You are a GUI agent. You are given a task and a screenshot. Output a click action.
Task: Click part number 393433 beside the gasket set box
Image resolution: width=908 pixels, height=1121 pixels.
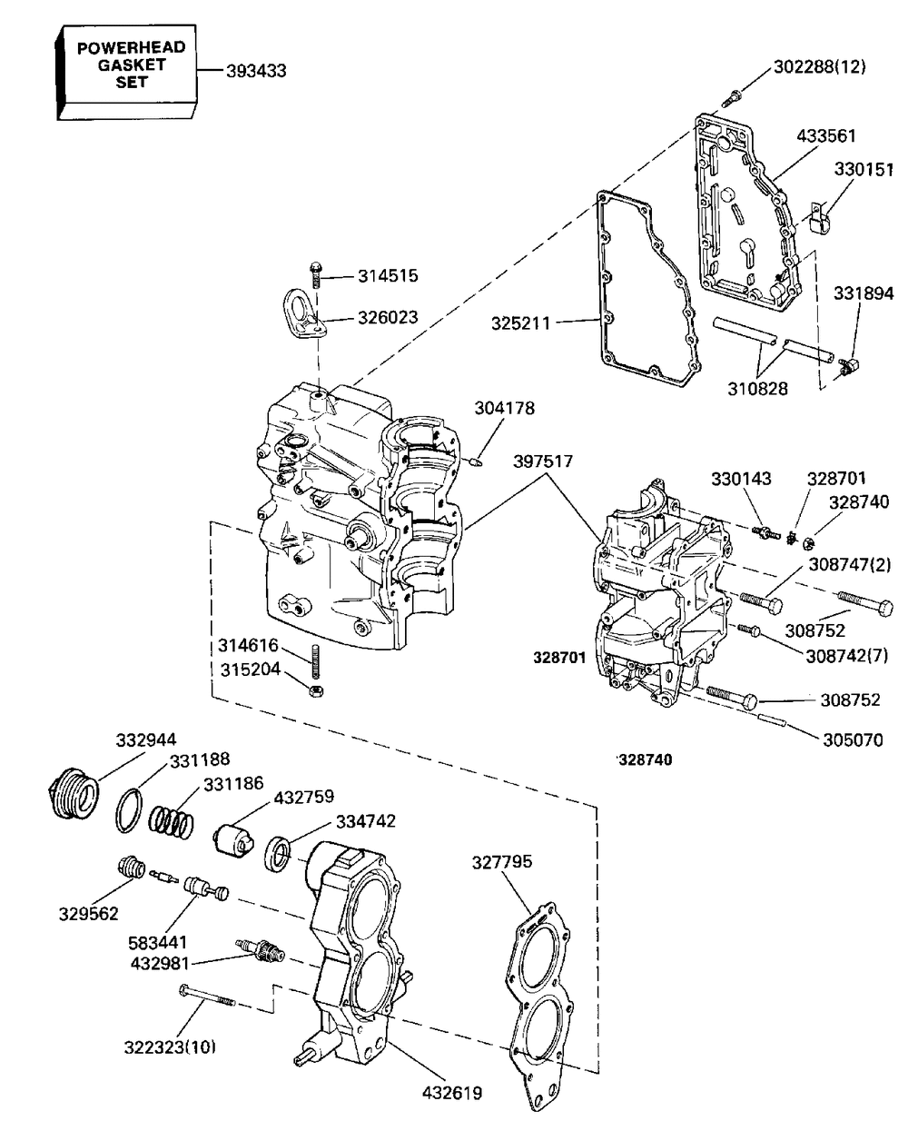click(x=256, y=71)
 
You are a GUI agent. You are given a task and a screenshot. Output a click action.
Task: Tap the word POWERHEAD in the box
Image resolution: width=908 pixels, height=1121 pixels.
click(x=132, y=47)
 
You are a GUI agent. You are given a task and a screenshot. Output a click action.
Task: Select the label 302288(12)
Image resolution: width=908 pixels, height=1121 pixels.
click(x=820, y=67)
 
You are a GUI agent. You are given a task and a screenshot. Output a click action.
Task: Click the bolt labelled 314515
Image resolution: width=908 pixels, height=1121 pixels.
click(x=316, y=273)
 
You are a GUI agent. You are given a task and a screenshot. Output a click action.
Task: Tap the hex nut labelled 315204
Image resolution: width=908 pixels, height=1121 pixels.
click(x=316, y=691)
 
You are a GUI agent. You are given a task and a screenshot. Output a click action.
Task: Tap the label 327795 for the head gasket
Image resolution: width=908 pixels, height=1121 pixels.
click(x=502, y=862)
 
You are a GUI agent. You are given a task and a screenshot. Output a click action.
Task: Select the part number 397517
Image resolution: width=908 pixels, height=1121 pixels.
click(x=543, y=461)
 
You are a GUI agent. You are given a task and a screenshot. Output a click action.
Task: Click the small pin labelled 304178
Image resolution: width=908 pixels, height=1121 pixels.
click(x=475, y=462)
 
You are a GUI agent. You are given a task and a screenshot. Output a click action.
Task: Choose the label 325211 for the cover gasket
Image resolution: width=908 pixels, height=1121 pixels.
click(x=521, y=323)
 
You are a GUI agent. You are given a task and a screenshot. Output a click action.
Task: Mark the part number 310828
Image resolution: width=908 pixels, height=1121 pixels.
click(x=757, y=389)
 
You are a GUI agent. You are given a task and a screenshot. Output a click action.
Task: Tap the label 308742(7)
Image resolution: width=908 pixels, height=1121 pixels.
click(x=847, y=656)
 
